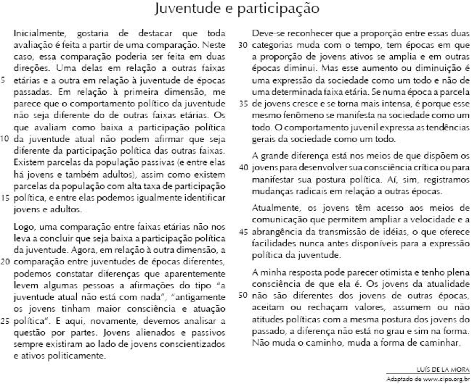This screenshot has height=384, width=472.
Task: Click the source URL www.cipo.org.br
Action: tap(446, 378)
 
